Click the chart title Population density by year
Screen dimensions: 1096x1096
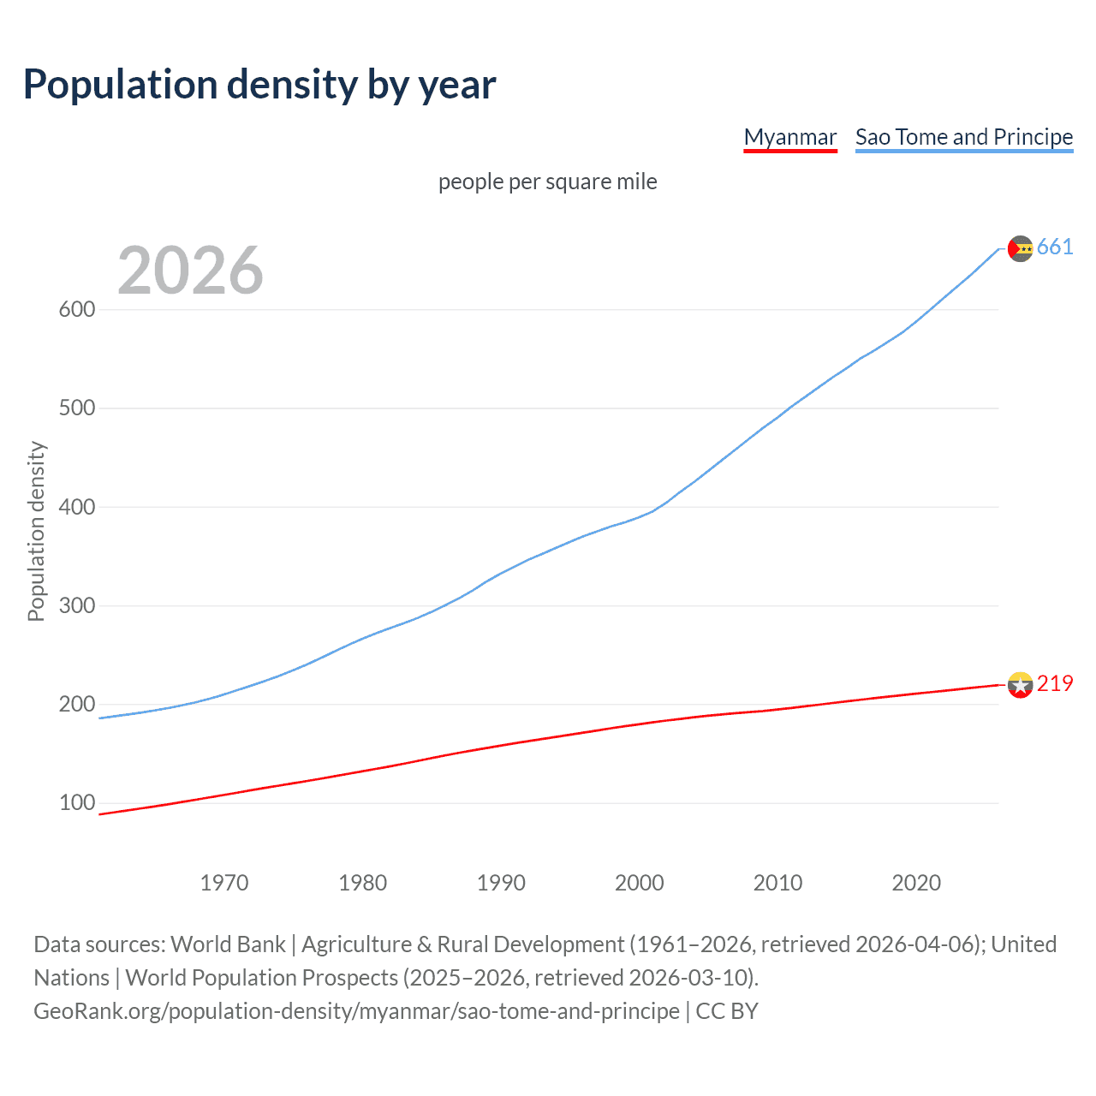(x=259, y=85)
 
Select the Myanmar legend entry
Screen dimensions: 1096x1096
(x=789, y=137)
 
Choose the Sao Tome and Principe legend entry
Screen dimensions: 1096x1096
(x=963, y=137)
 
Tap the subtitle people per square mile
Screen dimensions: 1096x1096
(x=547, y=182)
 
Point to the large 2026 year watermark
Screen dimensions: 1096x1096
(x=190, y=271)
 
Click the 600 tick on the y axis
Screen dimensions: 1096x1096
(x=76, y=309)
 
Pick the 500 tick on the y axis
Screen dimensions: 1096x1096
(x=76, y=408)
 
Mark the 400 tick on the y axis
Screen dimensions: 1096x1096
(x=76, y=507)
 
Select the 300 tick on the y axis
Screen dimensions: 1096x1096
(x=76, y=605)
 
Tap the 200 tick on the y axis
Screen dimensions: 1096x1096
(x=76, y=704)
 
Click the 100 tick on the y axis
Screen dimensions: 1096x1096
(x=76, y=803)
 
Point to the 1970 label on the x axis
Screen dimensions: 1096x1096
(x=224, y=883)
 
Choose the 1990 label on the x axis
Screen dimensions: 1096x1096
(x=501, y=883)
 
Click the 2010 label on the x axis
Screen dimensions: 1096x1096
(x=777, y=883)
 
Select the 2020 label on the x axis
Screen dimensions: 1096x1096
(x=916, y=883)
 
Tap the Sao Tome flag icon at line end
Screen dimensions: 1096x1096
(x=1020, y=248)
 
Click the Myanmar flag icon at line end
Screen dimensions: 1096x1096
(x=1020, y=685)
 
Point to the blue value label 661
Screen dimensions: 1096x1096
(x=1055, y=247)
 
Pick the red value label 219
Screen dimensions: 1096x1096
(x=1055, y=683)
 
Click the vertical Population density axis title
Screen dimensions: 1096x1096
(x=36, y=531)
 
